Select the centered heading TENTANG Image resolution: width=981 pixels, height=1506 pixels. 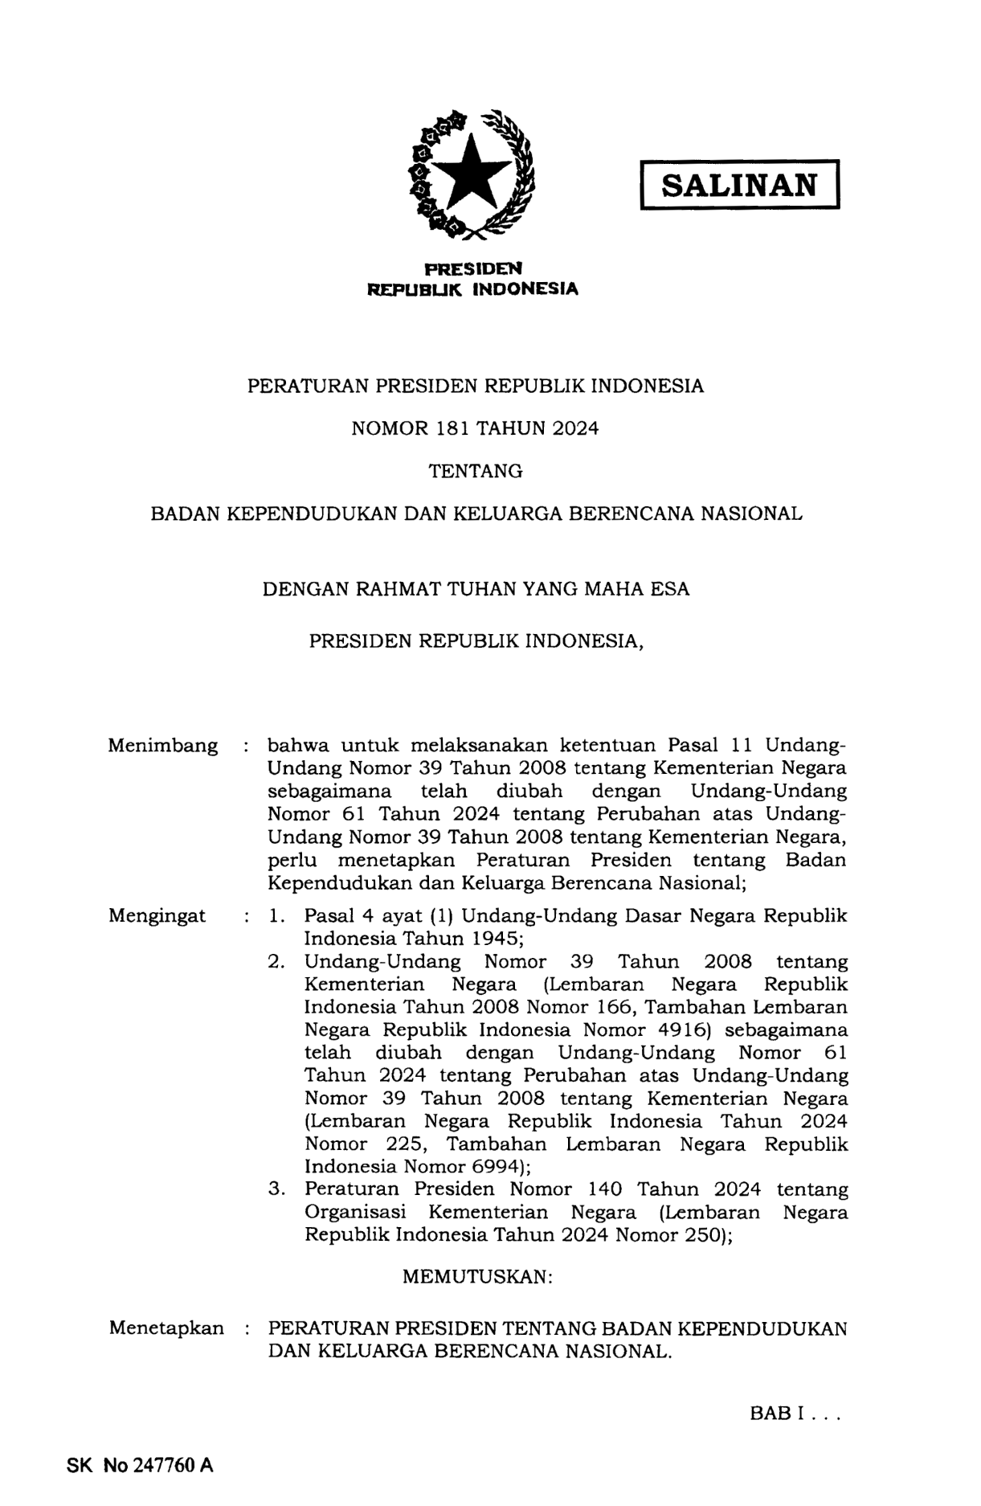point(476,471)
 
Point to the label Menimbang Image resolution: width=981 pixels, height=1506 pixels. point(162,746)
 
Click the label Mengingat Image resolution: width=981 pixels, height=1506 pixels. point(157,915)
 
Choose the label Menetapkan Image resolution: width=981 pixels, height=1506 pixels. point(166,1328)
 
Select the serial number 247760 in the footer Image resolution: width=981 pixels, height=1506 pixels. point(165,1465)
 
